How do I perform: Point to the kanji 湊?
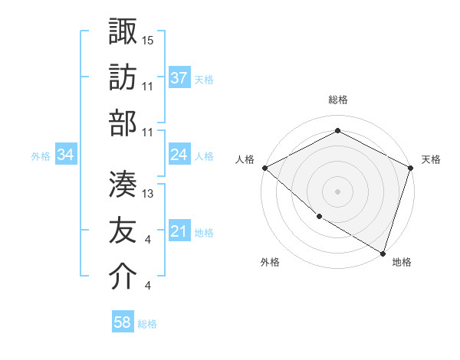[123, 184]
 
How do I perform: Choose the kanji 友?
[123, 231]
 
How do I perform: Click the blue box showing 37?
[179, 77]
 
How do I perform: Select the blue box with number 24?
[179, 155]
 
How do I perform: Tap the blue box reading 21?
[179, 232]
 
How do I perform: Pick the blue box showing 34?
[66, 155]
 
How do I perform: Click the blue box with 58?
[123, 323]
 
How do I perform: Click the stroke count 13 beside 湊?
[148, 194]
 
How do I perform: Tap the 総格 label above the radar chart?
[337, 100]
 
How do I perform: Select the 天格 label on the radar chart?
[431, 159]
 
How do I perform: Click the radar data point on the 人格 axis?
[264, 168]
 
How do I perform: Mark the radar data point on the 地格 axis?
[383, 253]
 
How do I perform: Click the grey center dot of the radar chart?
[337, 191]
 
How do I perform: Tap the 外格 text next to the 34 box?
[41, 156]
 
